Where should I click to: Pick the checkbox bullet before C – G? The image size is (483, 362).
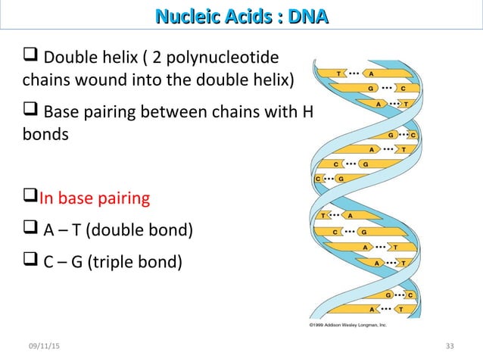tap(31, 262)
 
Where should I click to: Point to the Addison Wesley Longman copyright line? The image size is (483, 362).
tap(349, 324)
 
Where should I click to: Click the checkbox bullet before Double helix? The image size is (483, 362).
tap(31, 57)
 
